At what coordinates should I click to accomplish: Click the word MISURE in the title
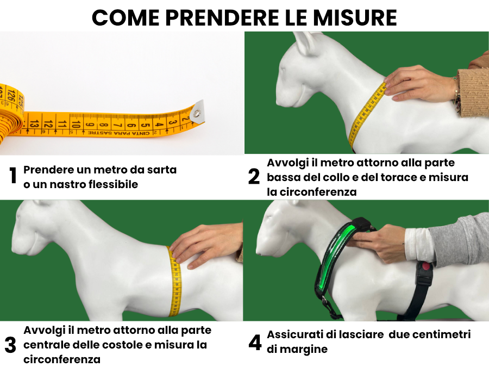pyautogui.click(x=355, y=18)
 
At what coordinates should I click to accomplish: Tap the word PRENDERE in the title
pyautogui.click(x=222, y=18)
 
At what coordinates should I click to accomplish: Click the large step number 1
pyautogui.click(x=13, y=176)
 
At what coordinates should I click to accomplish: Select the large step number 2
pyautogui.click(x=254, y=176)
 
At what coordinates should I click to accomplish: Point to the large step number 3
pyautogui.click(x=10, y=345)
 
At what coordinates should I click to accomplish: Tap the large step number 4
pyautogui.click(x=255, y=343)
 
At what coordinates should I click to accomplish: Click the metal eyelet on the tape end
pyautogui.click(x=197, y=113)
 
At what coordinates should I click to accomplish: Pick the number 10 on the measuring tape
pyautogui.click(x=76, y=124)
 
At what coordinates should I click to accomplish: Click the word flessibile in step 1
pyautogui.click(x=113, y=184)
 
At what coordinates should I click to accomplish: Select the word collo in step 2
pyautogui.click(x=338, y=177)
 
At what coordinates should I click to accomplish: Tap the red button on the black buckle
pyautogui.click(x=425, y=267)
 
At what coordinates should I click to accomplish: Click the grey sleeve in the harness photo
pyautogui.click(x=460, y=239)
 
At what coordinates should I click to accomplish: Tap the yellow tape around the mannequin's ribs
pyautogui.click(x=175, y=281)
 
